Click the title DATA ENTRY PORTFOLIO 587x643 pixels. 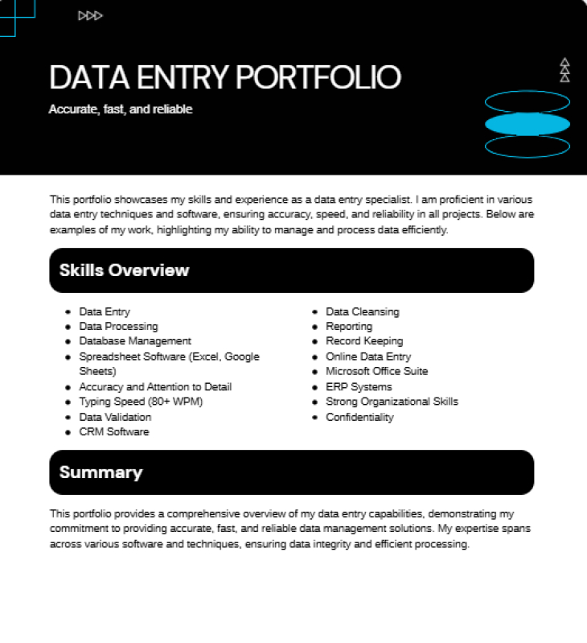tap(224, 77)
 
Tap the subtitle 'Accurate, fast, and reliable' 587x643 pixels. tap(121, 109)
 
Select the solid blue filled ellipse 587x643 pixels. tap(527, 124)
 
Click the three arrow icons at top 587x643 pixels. tap(90, 15)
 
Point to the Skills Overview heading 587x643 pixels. tap(124, 270)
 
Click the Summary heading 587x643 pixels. tap(101, 472)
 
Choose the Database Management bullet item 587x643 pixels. tap(135, 341)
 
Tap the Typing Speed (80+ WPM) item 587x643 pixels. tap(141, 402)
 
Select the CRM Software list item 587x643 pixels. tap(114, 432)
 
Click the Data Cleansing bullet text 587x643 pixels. tap(362, 311)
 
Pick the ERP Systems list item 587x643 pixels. tap(359, 387)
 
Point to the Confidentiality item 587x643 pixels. tap(359, 417)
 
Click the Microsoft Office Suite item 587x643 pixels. tap(376, 371)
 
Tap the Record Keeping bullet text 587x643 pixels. tap(364, 341)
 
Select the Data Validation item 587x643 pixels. tap(115, 417)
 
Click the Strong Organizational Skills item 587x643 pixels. tap(392, 402)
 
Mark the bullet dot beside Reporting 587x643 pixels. tap(314, 327)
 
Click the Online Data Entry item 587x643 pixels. tap(368, 357)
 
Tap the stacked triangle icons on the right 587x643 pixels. tap(564, 70)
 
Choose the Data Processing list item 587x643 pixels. tap(118, 327)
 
